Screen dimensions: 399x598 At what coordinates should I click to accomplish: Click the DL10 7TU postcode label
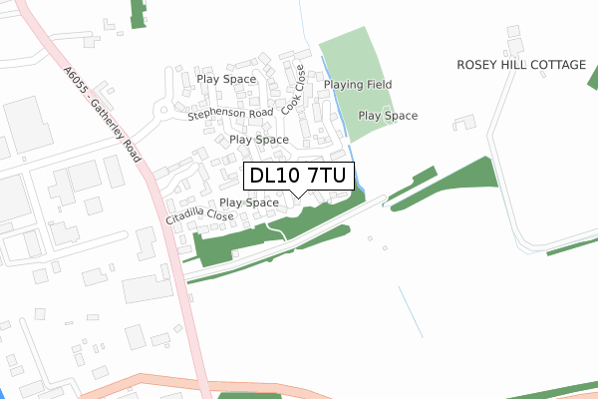(297, 177)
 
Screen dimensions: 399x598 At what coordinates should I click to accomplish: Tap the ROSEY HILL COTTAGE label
(521, 65)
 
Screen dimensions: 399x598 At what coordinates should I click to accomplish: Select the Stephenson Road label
(230, 115)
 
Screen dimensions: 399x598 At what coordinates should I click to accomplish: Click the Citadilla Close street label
(200, 215)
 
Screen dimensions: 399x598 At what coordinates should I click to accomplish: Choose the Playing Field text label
(358, 85)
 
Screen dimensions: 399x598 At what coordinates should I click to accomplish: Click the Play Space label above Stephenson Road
(226, 79)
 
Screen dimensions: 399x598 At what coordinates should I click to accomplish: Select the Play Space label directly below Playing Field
(388, 116)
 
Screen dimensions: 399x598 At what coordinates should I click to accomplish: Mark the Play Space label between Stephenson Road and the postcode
(259, 140)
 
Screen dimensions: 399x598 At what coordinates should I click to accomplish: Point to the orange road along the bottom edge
(299, 388)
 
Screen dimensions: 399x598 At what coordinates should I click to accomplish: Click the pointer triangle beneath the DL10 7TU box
(297, 195)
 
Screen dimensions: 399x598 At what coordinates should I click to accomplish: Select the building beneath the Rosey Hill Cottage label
(463, 123)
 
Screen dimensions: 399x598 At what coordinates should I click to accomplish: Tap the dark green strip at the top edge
(139, 13)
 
